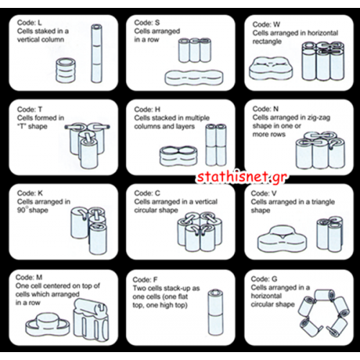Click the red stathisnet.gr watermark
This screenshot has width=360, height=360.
click(242, 177)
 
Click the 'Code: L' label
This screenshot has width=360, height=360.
click(30, 22)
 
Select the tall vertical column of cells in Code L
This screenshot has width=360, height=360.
click(96, 53)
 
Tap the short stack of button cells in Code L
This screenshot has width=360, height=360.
click(66, 71)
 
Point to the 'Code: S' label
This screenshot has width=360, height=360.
click(147, 22)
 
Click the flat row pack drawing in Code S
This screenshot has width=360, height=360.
click(194, 78)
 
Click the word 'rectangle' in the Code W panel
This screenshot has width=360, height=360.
click(267, 42)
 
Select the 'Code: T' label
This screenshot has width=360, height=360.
click(30, 109)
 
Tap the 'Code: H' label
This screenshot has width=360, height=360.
click(147, 109)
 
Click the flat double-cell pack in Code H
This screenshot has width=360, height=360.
click(179, 156)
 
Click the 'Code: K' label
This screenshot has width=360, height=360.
click(30, 193)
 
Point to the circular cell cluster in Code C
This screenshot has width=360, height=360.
click(199, 231)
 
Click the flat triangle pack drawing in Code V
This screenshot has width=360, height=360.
click(282, 238)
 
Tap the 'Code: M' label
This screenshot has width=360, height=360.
click(29, 277)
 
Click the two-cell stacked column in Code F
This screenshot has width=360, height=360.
click(215, 312)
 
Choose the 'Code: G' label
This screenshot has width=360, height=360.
click(264, 279)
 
